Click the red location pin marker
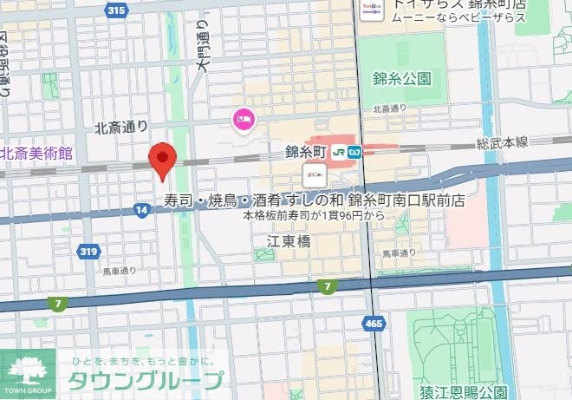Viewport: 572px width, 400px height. pyautogui.click(x=163, y=161)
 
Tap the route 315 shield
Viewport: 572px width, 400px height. pyautogui.click(x=116, y=10)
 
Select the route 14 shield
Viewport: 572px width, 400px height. pyautogui.click(x=140, y=208)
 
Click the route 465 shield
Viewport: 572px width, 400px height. pyautogui.click(x=374, y=323)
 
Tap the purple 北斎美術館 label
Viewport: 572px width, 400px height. pyautogui.click(x=37, y=153)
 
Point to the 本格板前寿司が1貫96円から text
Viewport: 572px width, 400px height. pyautogui.click(x=314, y=214)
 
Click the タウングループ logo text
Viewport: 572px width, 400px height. pyautogui.click(x=145, y=380)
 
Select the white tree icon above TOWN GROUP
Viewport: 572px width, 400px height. pyautogui.click(x=27, y=369)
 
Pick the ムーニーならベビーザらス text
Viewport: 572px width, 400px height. pyautogui.click(x=458, y=17)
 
